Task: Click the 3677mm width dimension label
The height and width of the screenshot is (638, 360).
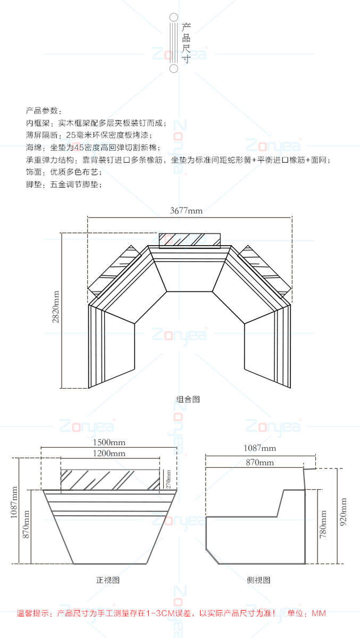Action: pyautogui.click(x=186, y=211)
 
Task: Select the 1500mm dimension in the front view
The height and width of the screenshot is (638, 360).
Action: pyautogui.click(x=109, y=442)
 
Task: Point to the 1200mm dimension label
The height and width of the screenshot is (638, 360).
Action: pyautogui.click(x=109, y=454)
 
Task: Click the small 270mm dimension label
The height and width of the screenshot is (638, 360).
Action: pyautogui.click(x=169, y=479)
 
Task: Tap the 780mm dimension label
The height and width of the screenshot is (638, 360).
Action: pyautogui.click(x=323, y=525)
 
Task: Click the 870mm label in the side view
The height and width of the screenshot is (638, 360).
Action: pyautogui.click(x=259, y=463)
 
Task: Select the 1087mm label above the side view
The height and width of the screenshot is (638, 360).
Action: pyautogui.click(x=259, y=448)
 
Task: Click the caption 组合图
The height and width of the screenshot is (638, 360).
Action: pyautogui.click(x=188, y=399)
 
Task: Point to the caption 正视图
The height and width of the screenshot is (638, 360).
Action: pyautogui.click(x=108, y=580)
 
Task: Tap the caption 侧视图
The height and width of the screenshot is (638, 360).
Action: pyautogui.click(x=259, y=580)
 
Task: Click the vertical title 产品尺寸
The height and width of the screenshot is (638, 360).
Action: pyautogui.click(x=186, y=43)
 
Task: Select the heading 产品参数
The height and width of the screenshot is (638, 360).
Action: pyautogui.click(x=44, y=111)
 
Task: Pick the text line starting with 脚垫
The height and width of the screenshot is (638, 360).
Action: pyautogui.click(x=63, y=184)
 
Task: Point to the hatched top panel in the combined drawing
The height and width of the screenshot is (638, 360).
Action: pyautogui.click(x=189, y=240)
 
